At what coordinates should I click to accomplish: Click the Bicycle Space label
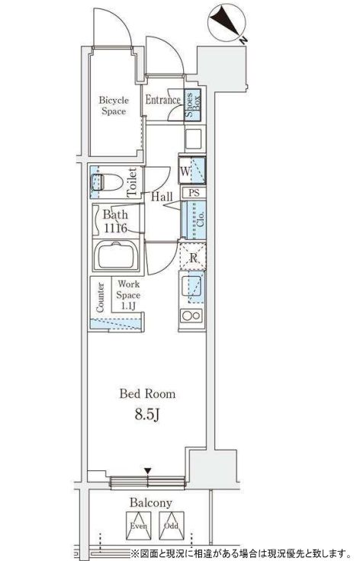point(114,105)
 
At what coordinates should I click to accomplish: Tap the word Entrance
point(162,100)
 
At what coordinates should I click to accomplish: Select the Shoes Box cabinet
point(193,105)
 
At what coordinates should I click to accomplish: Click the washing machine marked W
point(192,171)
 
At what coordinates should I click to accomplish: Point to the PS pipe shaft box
point(194,193)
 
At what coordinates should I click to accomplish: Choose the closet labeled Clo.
point(194,220)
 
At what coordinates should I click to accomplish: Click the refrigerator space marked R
point(193,257)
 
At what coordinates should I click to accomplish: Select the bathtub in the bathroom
point(116,255)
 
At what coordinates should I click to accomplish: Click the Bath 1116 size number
point(116,228)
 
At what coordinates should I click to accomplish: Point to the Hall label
point(162,197)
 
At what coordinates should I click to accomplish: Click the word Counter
point(100,298)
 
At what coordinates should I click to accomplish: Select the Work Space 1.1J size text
point(128,306)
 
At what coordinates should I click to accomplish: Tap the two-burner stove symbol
point(191,316)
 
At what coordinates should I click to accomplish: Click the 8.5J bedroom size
point(147,415)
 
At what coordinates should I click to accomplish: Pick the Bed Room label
point(147,394)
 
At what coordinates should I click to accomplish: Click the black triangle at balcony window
point(148,470)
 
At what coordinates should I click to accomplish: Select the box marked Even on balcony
point(139,526)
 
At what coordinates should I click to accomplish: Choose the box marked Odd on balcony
point(172,526)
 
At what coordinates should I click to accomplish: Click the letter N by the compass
point(244,40)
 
